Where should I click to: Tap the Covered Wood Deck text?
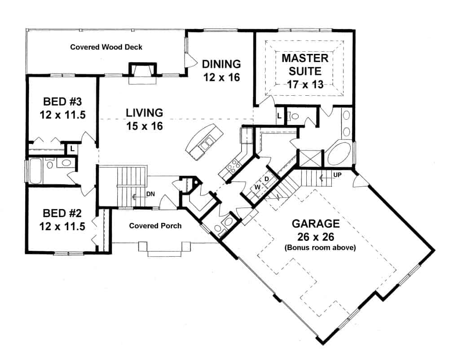pyautogui.click(x=106, y=47)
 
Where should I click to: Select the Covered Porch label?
pyautogui.click(x=155, y=225)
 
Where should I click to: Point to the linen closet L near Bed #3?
pyautogui.click(x=71, y=147)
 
